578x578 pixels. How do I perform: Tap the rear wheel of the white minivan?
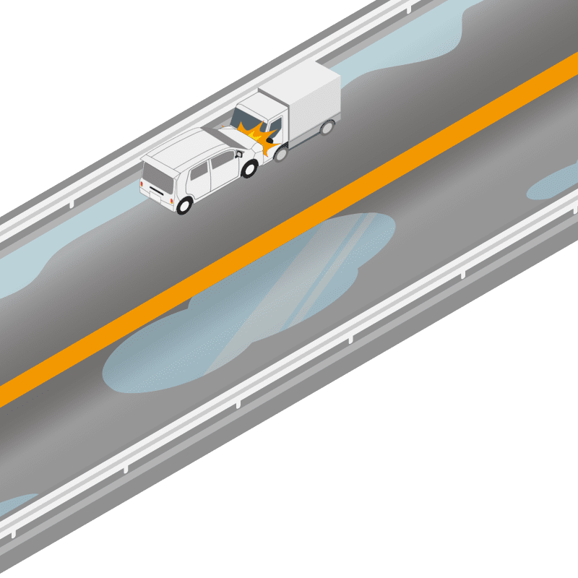[184, 205]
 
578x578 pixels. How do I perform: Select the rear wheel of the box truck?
[327, 128]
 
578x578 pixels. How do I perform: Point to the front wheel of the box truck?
[281, 152]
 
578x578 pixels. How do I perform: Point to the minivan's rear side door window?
[199, 171]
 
